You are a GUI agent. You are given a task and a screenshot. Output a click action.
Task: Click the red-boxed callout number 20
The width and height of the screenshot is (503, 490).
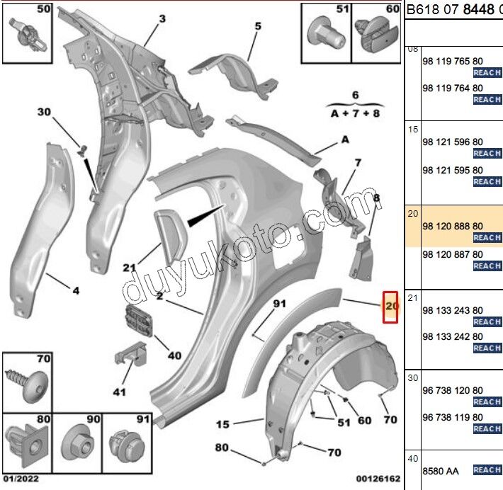391,307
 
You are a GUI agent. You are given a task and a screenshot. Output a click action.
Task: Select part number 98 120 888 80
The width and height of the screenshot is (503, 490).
452,225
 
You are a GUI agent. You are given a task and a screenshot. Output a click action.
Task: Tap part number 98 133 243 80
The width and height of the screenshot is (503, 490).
452,310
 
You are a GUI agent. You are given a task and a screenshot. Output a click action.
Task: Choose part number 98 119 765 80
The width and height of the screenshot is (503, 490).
452,62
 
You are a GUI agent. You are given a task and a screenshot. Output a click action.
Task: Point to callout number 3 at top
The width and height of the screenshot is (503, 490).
162,19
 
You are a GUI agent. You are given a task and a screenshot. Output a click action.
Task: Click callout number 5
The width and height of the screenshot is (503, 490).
258,27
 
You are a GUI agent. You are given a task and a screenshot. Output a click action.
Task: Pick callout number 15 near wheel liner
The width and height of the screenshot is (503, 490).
223,425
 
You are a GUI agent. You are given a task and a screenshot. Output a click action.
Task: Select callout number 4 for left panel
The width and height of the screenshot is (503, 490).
75,290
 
